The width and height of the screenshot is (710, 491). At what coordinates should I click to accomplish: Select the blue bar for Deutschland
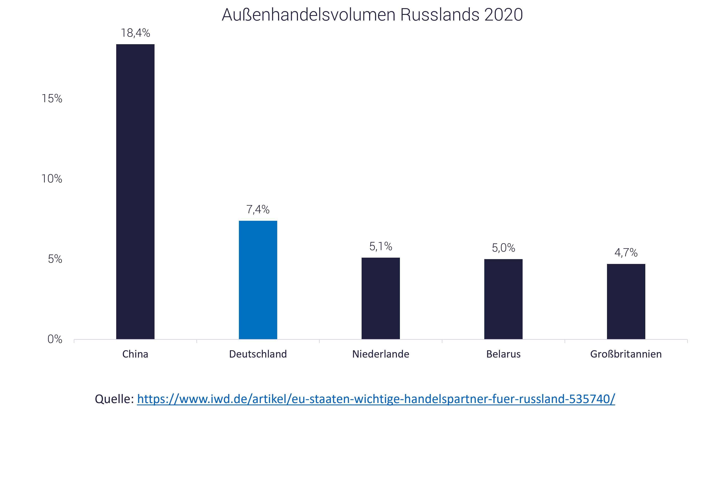coord(258,280)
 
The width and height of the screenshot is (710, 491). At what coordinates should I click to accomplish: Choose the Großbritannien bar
coord(626,301)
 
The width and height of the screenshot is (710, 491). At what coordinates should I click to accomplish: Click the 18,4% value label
coord(135,33)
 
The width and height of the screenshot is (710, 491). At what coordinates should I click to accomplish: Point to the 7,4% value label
coord(258,209)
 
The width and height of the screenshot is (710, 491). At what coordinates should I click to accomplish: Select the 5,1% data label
coord(381,246)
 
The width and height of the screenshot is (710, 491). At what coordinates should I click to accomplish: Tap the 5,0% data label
coord(503,248)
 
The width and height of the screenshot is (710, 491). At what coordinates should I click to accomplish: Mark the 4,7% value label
coord(626,253)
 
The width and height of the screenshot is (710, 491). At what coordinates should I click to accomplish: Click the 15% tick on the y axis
coord(52,98)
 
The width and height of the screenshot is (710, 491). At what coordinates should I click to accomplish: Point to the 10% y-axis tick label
coord(52,179)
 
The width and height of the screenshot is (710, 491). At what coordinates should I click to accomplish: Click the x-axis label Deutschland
coord(258,354)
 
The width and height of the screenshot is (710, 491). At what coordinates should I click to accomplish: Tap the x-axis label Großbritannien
coord(626,354)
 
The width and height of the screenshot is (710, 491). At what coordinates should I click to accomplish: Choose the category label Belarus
coord(503,354)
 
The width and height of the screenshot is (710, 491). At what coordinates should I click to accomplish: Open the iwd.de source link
coord(376,399)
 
